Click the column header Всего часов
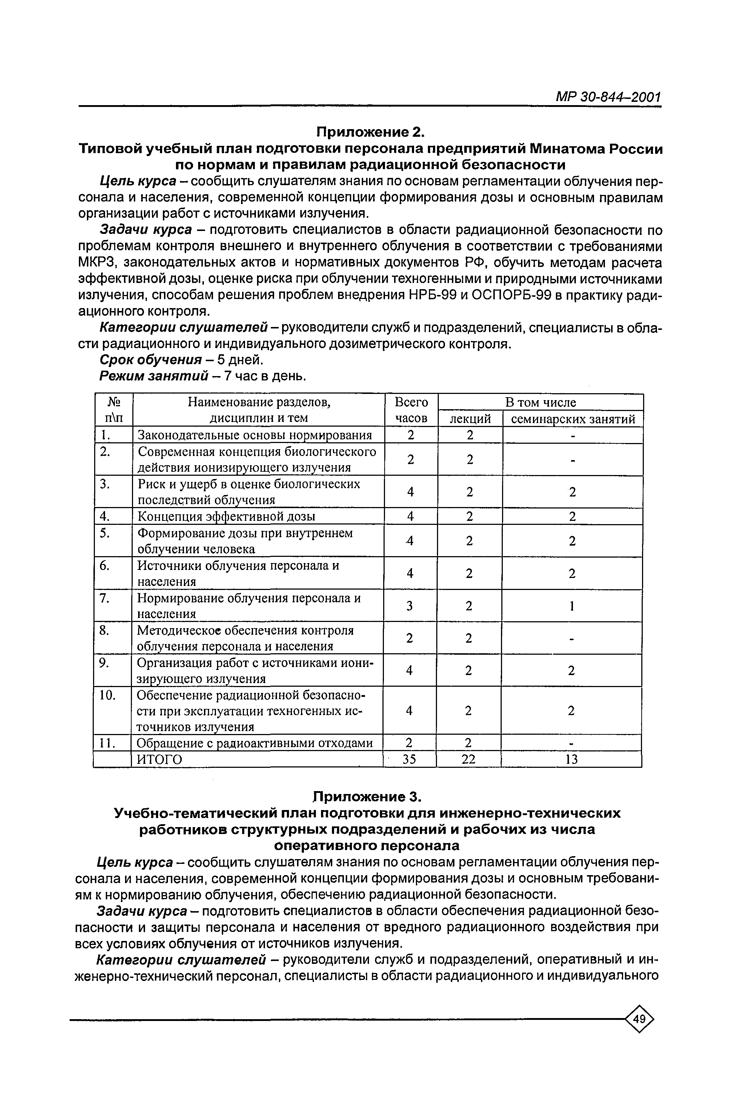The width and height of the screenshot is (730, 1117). point(411,410)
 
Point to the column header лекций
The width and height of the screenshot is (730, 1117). point(470,419)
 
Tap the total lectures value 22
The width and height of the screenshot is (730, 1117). point(468,759)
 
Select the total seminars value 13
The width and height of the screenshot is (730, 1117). point(571,759)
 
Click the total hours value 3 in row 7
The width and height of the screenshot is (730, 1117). point(410,606)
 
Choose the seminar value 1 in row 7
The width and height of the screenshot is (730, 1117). point(572,606)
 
